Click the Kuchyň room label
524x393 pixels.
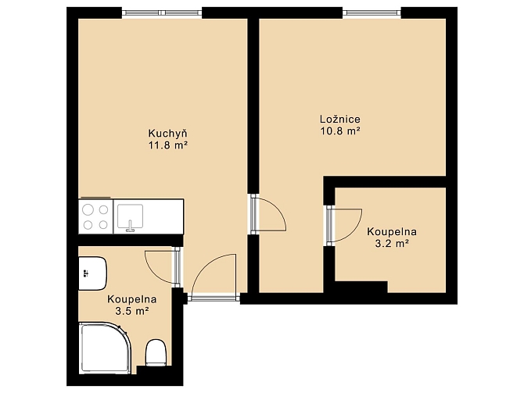168,134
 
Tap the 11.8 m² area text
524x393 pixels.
168,145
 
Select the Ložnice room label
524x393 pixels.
340,120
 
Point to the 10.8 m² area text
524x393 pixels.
340,131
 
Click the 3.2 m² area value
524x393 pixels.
392,244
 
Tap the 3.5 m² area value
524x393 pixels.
132,311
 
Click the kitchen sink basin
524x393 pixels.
131,216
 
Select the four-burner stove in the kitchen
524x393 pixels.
96,216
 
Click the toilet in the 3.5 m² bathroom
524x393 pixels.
156,353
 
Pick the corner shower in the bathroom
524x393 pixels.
104,348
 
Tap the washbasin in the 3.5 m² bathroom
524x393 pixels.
92,273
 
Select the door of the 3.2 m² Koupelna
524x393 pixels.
344,225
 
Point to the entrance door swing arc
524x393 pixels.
208,267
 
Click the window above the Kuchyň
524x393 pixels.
162,13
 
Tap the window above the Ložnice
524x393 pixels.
372,13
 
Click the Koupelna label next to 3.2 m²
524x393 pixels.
392,232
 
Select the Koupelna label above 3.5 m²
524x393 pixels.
132,299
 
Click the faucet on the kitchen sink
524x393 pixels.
130,227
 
